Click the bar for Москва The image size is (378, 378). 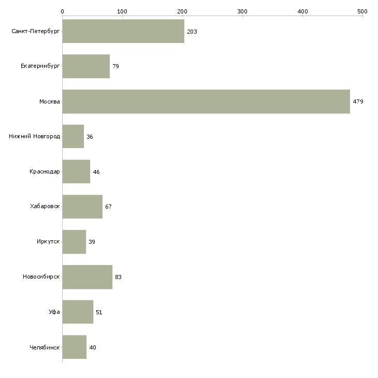(x=206, y=101)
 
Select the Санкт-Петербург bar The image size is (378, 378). (x=123, y=32)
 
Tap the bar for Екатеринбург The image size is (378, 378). (x=86, y=66)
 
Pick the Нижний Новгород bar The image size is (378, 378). (x=73, y=137)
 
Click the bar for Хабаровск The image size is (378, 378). (x=82, y=207)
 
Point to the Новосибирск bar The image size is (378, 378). (x=87, y=277)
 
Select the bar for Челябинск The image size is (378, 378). (x=75, y=347)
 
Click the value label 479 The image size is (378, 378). (x=358, y=102)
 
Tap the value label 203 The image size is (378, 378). (x=192, y=32)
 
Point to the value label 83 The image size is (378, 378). (x=118, y=278)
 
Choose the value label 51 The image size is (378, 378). (x=99, y=312)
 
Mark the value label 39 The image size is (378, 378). (x=92, y=242)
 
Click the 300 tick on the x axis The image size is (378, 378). (x=242, y=11)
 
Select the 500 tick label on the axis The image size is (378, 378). (x=362, y=11)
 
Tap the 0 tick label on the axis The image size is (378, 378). (x=62, y=11)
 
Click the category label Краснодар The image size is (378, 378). (x=45, y=172)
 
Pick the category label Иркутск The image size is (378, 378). (x=48, y=242)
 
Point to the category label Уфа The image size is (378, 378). (x=54, y=312)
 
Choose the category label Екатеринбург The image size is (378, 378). (x=40, y=67)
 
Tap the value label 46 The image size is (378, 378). (x=96, y=172)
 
